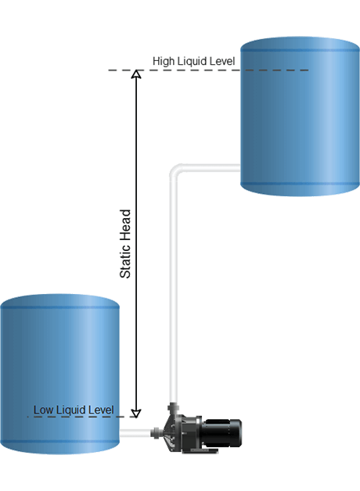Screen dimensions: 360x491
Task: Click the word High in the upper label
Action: [164, 61]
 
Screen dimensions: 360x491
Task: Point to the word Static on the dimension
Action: [125, 263]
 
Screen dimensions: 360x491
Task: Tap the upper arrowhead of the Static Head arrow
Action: [136, 74]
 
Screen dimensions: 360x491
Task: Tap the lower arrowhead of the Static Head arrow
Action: [136, 414]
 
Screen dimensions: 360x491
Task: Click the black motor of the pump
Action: [221, 433]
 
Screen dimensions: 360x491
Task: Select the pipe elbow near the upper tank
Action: [176, 170]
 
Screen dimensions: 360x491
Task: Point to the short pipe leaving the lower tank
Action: [135, 433]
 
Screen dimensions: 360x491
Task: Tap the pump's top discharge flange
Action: [173, 407]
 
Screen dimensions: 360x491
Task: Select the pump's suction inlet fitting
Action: [157, 433]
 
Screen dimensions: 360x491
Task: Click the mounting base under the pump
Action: [200, 451]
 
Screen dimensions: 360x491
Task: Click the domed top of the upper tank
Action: [300, 43]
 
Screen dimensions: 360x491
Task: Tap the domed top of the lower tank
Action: [59, 301]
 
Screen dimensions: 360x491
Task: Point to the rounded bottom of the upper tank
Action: [300, 190]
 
